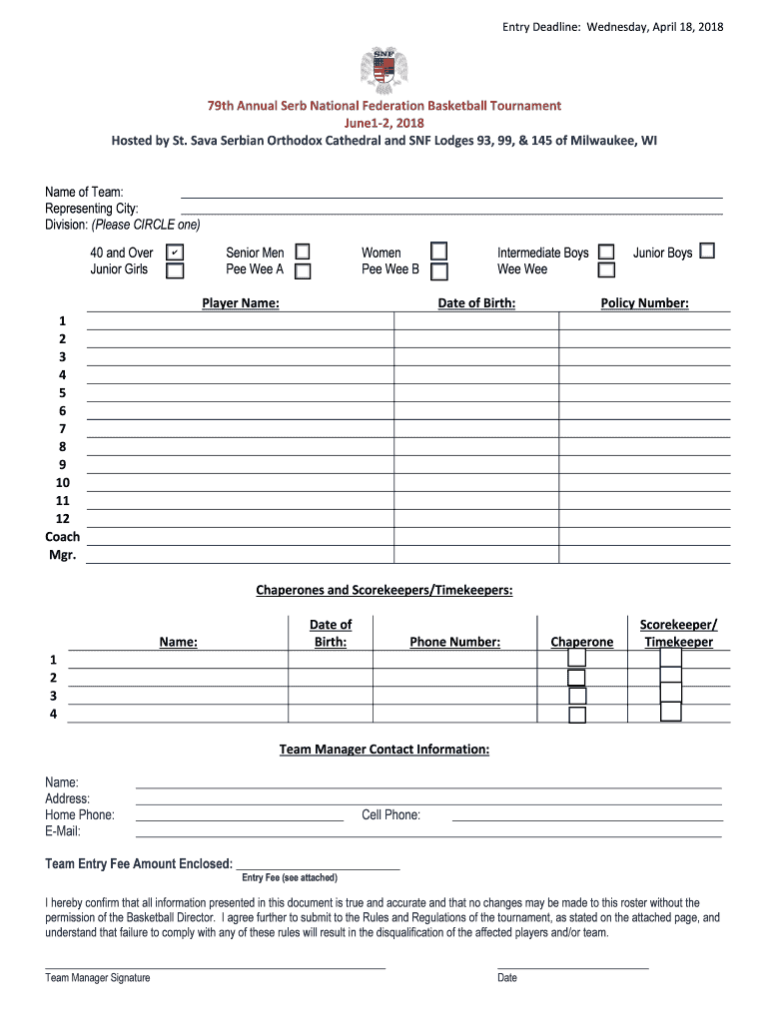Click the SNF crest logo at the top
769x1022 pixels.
(x=384, y=69)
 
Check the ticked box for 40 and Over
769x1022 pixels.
(x=174, y=253)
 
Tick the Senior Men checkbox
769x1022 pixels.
(x=302, y=253)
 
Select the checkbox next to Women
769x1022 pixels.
(x=438, y=252)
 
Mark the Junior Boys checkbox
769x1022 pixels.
(x=707, y=252)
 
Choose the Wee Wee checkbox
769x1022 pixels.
(x=606, y=269)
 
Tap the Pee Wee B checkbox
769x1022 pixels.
(x=438, y=270)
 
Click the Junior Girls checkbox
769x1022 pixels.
(x=174, y=270)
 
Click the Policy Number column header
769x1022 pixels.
(x=644, y=303)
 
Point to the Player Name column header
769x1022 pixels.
(x=241, y=303)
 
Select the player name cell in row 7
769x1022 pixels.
(x=240, y=428)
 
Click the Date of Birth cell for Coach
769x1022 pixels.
(x=475, y=536)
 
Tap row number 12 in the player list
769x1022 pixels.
(x=62, y=518)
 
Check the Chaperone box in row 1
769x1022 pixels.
(x=576, y=659)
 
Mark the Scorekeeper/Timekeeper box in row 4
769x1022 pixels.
(x=670, y=712)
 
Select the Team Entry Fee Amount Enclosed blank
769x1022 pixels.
(x=317, y=863)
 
